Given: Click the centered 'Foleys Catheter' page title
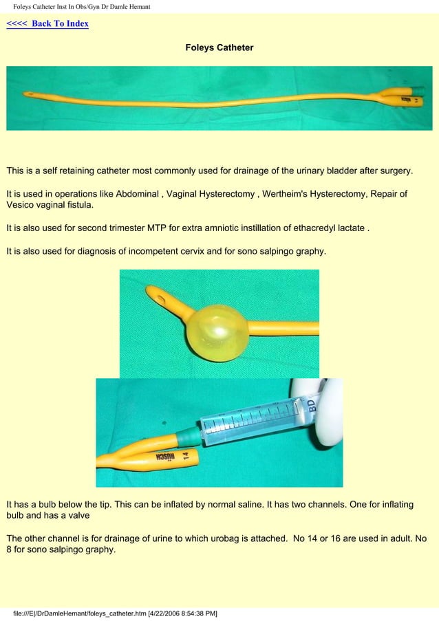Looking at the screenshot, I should click(219, 48).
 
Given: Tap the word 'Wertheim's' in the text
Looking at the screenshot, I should click(286, 194).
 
